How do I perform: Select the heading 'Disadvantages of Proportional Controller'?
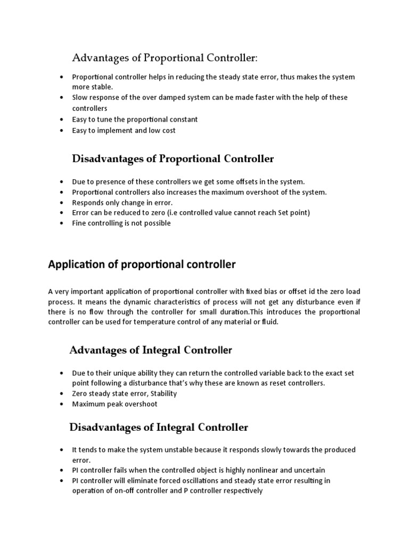173,159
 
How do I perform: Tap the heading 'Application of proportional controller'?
142,264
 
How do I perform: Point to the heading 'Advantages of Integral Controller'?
151,350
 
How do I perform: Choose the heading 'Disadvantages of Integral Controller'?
159,427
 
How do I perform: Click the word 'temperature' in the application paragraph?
164,322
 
